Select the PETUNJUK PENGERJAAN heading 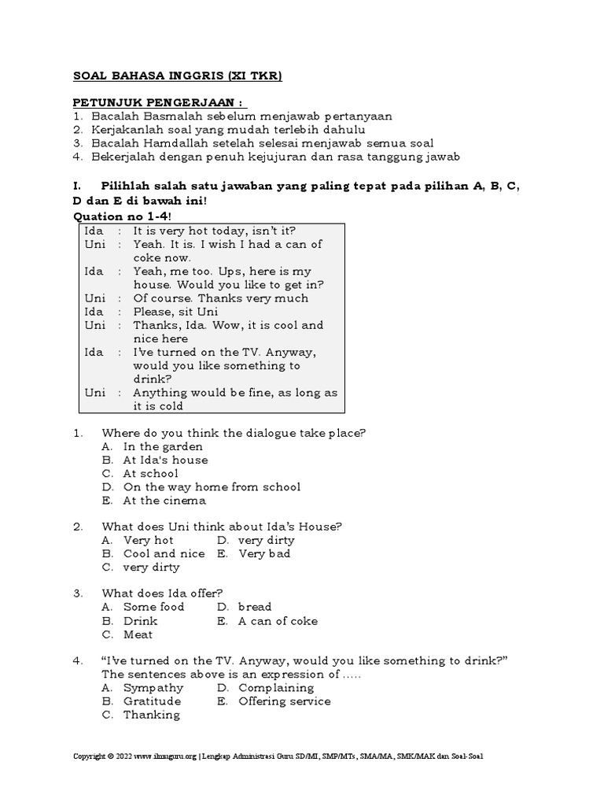point(159,102)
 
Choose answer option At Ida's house point(165,460)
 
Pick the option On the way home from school point(212,486)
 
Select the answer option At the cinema point(164,500)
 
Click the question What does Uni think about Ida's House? point(222,527)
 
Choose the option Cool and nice point(164,553)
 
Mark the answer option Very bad point(264,553)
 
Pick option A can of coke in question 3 point(278,621)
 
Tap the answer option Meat point(138,634)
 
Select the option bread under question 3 point(255,607)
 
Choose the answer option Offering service point(284,701)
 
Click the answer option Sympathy point(153,688)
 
